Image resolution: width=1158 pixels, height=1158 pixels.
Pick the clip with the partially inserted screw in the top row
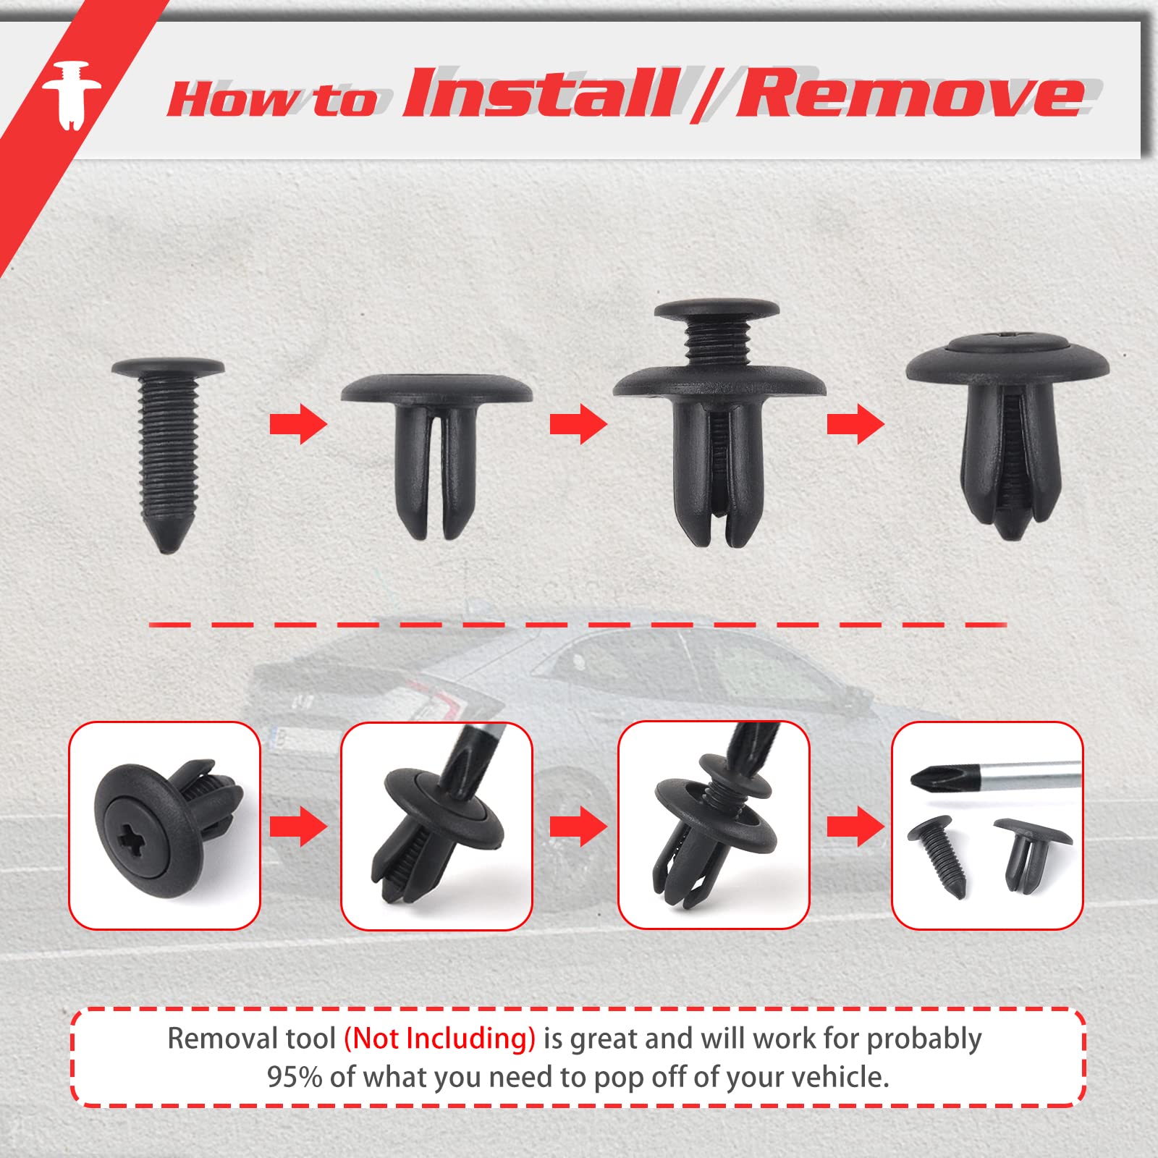tap(718, 423)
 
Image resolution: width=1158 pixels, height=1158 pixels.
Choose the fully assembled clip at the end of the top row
tap(1007, 435)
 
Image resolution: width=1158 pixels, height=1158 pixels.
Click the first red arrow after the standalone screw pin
tap(298, 424)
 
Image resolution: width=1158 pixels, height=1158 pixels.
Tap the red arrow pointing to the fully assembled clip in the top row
tap(855, 424)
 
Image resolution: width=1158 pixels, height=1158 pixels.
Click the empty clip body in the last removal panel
tap(1031, 855)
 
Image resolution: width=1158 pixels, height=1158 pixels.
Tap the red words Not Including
tap(439, 1038)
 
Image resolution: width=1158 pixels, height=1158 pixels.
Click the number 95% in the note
tap(294, 1077)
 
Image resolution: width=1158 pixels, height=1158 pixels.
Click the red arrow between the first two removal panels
tap(298, 826)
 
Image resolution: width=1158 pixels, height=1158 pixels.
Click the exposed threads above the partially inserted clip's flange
tap(717, 341)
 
